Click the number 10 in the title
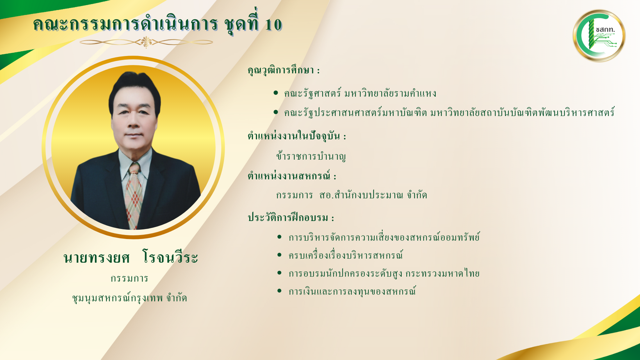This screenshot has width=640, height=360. point(273,25)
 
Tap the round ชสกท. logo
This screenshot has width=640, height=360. point(599,36)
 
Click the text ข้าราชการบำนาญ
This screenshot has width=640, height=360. point(311,156)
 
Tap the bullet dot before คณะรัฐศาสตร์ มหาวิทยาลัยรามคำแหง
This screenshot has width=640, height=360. point(276,93)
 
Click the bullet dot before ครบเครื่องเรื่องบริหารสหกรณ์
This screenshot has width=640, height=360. point(279,255)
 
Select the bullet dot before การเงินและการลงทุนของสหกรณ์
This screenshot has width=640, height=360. point(279,291)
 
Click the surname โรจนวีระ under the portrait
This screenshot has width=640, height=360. point(170,257)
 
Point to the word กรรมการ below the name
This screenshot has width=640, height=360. point(129,278)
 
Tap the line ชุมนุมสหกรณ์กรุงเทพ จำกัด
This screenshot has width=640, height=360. point(129,297)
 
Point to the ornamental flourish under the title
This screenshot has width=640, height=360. point(146,42)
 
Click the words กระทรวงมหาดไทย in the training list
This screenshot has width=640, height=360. point(442,273)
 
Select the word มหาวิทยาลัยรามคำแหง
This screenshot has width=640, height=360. point(390,93)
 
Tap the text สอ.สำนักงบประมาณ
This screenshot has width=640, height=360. point(361,195)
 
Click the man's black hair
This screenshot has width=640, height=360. point(135,88)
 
